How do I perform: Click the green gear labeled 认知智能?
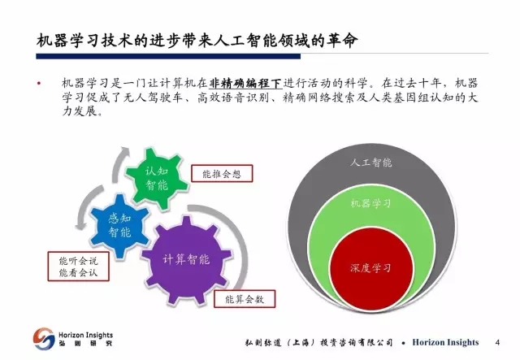pos(157,178)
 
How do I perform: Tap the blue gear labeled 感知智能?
pos(119,226)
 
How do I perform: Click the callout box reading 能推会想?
pos(222,174)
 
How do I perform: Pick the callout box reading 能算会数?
pos(245,299)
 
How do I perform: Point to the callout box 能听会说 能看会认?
pos(78,267)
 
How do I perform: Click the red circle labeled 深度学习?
pos(371,269)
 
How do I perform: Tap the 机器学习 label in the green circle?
pos(371,203)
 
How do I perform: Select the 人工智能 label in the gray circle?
pos(371,163)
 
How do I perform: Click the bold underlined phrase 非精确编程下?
pos(245,83)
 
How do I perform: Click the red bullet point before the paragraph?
pos(39,83)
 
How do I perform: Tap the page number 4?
pos(497,342)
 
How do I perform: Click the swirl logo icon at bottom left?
pos(44,339)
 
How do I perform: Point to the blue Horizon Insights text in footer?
pos(445,342)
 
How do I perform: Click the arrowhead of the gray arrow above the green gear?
pos(125,150)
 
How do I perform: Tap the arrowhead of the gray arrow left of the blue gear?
pos(80,226)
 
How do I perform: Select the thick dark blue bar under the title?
pos(168,56)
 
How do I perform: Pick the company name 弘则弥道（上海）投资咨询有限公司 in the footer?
pos(318,342)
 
